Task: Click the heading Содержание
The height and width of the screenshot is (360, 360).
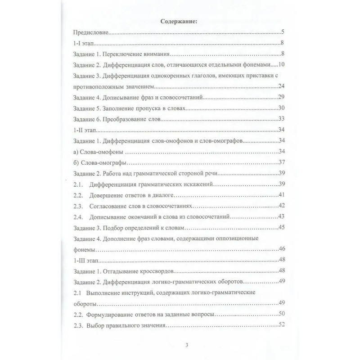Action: click(x=180, y=21)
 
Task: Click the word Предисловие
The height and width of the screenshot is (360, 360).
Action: click(x=90, y=33)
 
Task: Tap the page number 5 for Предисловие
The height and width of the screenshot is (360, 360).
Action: click(x=281, y=32)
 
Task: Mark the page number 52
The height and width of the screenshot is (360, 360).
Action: click(x=282, y=325)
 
